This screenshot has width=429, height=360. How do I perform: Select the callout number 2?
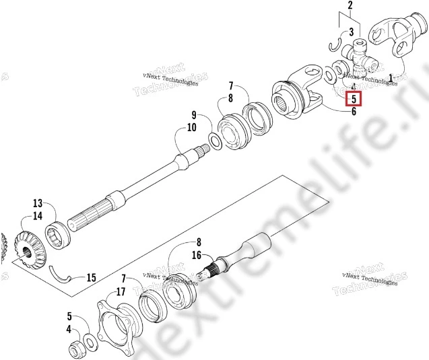tap(350, 7)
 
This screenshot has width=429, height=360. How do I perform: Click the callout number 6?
tap(354, 112)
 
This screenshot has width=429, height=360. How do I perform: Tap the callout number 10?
tap(192, 127)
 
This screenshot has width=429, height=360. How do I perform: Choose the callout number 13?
tap(38, 203)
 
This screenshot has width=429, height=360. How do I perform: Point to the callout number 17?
tap(121, 291)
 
